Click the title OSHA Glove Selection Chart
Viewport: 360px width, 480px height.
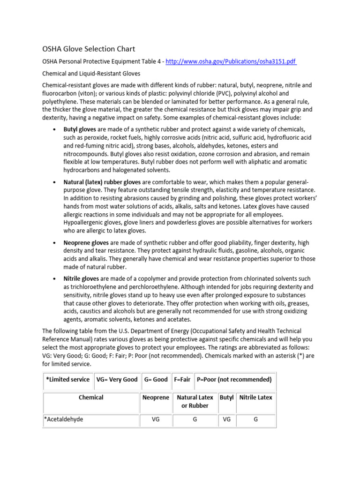(x=89, y=49)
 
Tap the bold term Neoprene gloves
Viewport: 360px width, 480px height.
(x=86, y=243)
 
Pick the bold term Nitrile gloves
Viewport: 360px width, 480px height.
(x=81, y=278)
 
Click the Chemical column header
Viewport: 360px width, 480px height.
(x=91, y=397)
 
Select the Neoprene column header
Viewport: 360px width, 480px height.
(x=156, y=397)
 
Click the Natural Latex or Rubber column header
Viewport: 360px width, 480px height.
(x=195, y=401)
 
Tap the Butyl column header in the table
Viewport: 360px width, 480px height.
(x=226, y=397)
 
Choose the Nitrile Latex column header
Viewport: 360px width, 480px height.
(x=255, y=397)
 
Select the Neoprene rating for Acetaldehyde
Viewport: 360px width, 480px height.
(x=156, y=420)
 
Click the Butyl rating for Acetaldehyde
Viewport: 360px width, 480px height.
(x=226, y=420)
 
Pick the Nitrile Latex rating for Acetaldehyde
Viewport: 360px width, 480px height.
(x=255, y=420)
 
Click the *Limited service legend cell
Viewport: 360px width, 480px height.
(x=67, y=379)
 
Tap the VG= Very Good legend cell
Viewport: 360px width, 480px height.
(x=117, y=379)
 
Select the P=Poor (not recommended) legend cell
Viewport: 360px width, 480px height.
(x=234, y=379)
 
